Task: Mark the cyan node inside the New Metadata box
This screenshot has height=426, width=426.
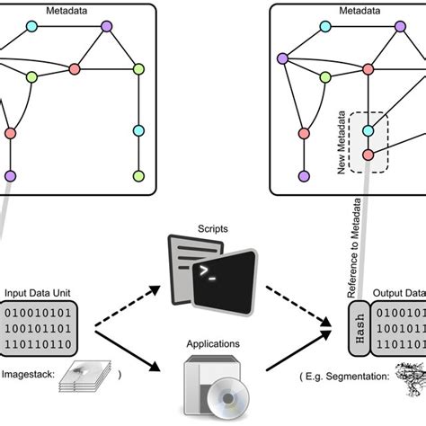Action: coord(368,131)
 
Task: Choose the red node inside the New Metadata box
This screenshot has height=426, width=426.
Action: coord(368,155)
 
